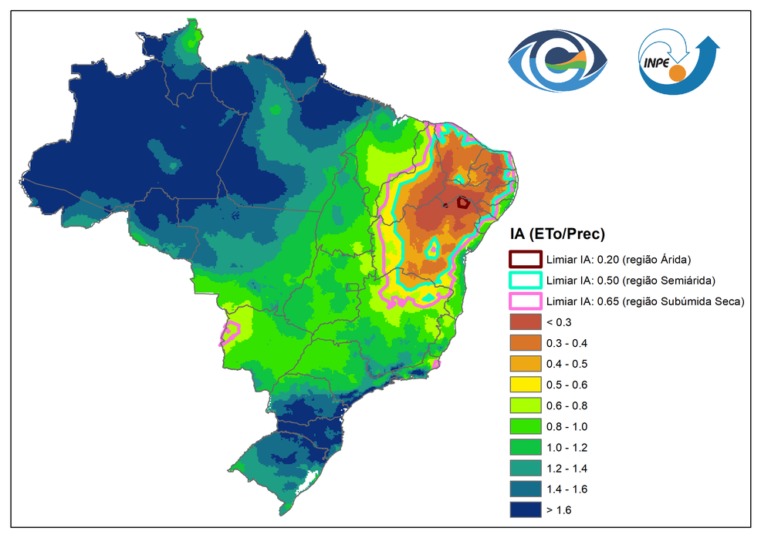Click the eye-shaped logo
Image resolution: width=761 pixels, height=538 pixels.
tap(557, 62)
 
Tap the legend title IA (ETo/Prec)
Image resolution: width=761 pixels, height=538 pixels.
tap(556, 234)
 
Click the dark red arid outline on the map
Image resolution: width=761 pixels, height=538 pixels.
tap(463, 203)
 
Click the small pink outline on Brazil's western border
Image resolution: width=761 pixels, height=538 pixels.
tap(230, 332)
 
